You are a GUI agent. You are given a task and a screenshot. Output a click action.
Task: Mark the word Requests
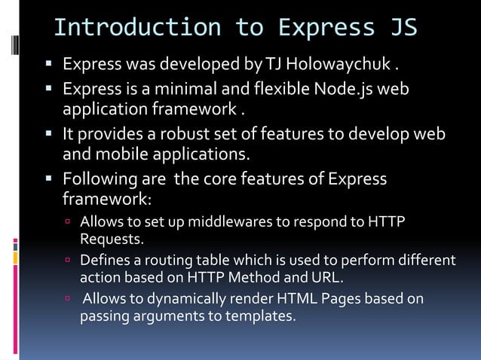[112, 239]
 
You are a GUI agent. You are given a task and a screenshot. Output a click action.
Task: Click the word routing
[161, 261]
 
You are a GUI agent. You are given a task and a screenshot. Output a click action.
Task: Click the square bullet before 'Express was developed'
[50, 61]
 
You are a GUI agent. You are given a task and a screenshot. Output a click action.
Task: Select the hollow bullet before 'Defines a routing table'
[67, 261]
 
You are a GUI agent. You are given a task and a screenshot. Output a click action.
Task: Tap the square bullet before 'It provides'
[50, 135]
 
